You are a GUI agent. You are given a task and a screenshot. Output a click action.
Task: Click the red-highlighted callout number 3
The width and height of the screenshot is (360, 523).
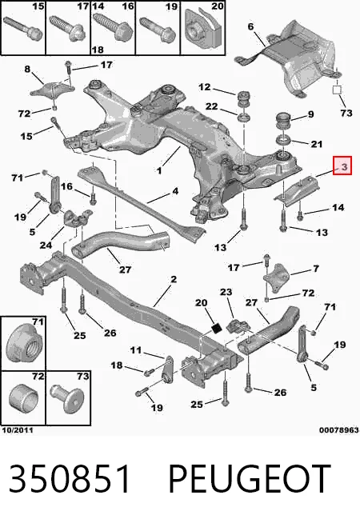tap(344, 166)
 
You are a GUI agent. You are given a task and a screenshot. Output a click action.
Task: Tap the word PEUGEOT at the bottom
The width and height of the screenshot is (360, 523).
tap(250, 480)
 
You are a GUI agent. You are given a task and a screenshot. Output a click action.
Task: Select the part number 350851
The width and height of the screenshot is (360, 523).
tap(70, 480)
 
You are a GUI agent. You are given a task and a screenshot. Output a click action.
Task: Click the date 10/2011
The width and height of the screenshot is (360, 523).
tap(18, 430)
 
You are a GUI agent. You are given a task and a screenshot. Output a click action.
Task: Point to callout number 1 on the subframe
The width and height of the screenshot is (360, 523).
tap(159, 171)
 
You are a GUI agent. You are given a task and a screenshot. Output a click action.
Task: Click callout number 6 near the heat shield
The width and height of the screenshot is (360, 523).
tap(251, 26)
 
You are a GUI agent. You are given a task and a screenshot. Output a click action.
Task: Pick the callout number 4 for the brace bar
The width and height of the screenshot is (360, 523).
tap(175, 191)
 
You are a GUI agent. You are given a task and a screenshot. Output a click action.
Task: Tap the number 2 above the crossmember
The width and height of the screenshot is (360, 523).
tap(174, 279)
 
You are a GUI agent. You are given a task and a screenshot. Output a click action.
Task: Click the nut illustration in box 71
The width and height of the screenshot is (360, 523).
tap(22, 344)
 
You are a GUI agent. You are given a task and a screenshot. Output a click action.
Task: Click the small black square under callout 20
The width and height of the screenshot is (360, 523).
tap(217, 328)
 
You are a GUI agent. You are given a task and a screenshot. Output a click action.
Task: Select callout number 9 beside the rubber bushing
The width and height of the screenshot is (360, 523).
tap(310, 114)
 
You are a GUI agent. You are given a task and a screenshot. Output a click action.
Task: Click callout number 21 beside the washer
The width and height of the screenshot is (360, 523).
tap(316, 144)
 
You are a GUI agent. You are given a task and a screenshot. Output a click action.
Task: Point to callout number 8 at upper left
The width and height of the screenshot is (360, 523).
tap(27, 70)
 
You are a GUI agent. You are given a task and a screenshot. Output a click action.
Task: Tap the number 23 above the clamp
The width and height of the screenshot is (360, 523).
tap(226, 292)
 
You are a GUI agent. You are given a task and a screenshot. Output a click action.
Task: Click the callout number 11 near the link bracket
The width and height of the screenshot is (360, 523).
tap(136, 350)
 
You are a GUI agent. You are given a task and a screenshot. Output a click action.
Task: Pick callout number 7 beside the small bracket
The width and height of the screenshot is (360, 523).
tap(316, 269)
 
